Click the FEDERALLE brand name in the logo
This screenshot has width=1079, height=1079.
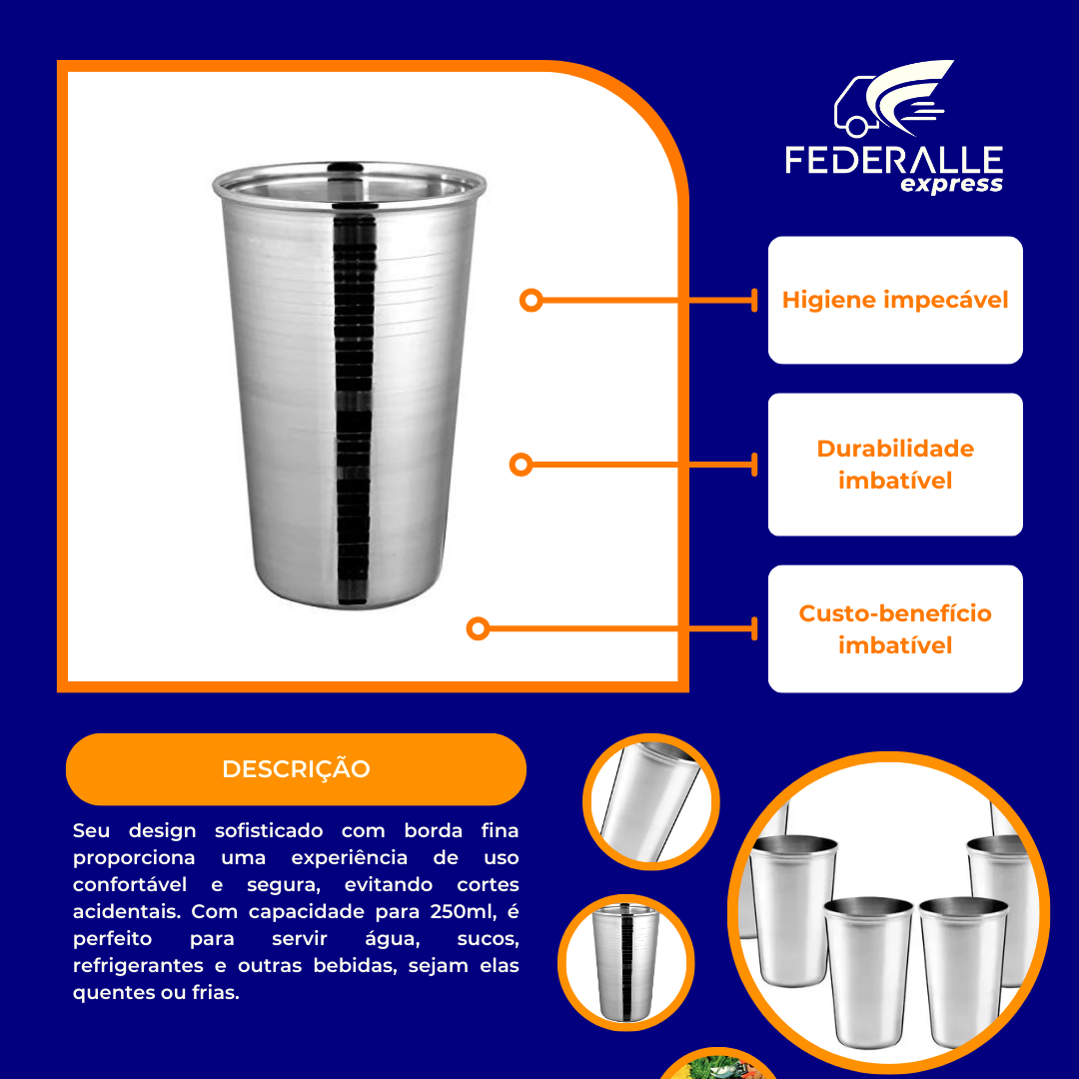click(x=893, y=161)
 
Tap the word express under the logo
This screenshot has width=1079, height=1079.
click(x=951, y=185)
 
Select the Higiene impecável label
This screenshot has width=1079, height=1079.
click(x=895, y=300)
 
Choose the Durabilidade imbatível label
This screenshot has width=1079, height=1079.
click(x=895, y=465)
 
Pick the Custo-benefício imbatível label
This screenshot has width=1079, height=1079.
click(x=895, y=629)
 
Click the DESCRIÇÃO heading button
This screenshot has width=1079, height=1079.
click(x=296, y=769)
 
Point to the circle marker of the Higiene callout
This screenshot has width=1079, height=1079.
click(x=532, y=300)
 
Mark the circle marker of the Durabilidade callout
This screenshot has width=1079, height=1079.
click(x=520, y=465)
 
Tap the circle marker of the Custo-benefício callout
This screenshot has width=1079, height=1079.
click(x=478, y=628)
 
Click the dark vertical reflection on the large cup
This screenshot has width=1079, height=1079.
click(x=351, y=400)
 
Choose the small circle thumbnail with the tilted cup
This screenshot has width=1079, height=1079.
click(x=651, y=802)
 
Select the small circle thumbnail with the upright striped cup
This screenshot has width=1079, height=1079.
click(x=625, y=962)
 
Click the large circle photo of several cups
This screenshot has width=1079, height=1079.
click(x=889, y=909)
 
